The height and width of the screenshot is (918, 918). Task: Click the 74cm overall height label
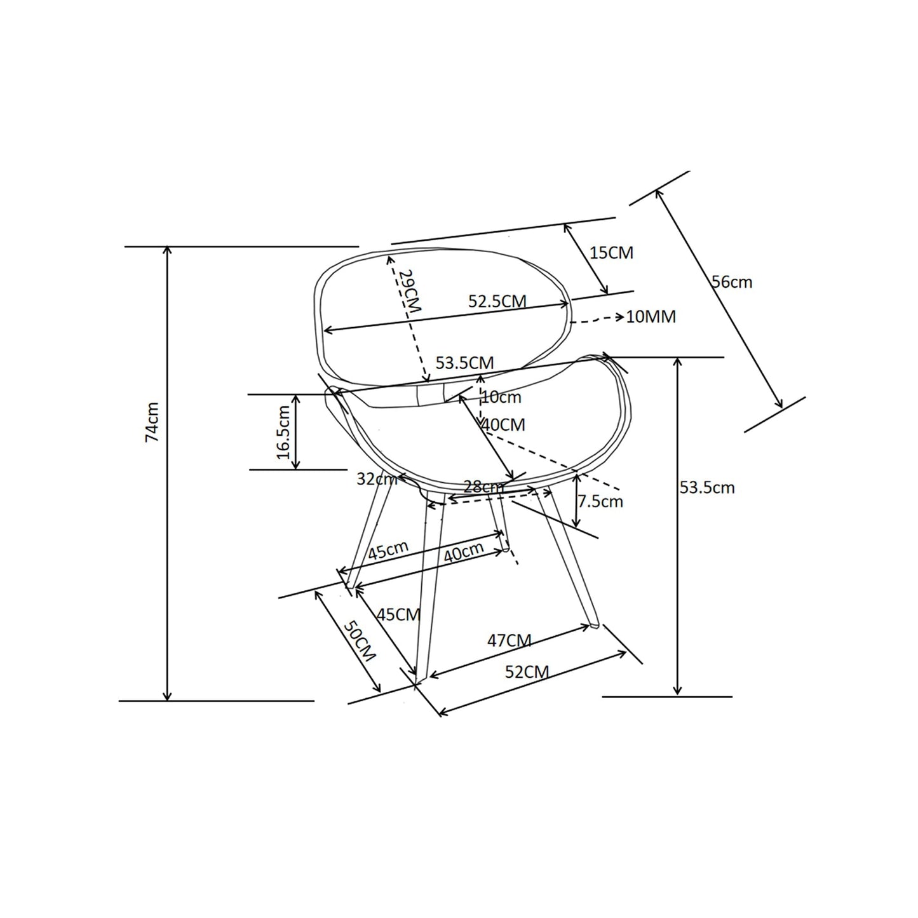click(x=152, y=422)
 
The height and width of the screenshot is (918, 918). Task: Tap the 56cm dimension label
click(x=732, y=282)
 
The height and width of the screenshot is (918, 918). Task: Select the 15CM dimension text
click(x=612, y=252)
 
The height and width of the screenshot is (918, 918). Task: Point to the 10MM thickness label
click(x=651, y=316)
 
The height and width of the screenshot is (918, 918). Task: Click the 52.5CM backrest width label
click(x=497, y=301)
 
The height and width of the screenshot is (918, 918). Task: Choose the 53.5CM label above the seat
click(x=465, y=363)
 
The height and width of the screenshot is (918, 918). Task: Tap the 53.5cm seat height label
click(x=707, y=487)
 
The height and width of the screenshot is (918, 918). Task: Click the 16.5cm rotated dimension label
click(x=283, y=432)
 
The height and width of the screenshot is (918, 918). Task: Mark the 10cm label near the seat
click(x=501, y=397)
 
